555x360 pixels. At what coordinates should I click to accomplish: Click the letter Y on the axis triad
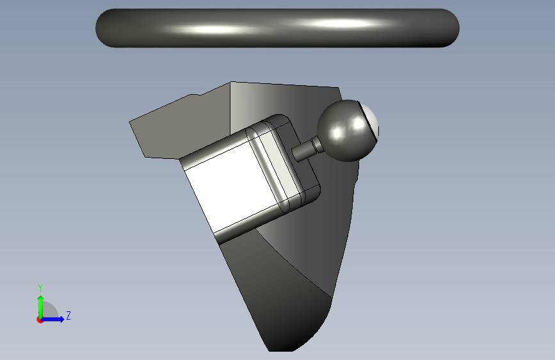click(x=40, y=288)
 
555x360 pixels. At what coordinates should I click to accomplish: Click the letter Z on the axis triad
click(x=68, y=315)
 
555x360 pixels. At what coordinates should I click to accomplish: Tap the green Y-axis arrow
click(x=41, y=307)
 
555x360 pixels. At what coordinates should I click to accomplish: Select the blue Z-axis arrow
click(x=52, y=319)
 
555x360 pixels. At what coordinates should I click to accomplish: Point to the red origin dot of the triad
click(x=40, y=320)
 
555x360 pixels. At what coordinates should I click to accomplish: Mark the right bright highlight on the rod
click(x=340, y=24)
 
